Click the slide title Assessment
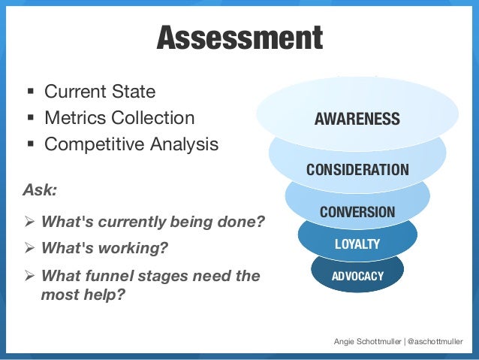(x=239, y=38)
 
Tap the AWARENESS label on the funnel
(x=357, y=119)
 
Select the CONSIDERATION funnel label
(x=357, y=169)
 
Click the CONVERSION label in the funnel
(x=357, y=212)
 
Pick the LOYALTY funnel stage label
(x=357, y=244)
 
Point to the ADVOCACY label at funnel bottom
(x=357, y=276)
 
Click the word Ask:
(x=40, y=190)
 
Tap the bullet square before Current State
(x=30, y=93)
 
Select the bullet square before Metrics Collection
(x=30, y=119)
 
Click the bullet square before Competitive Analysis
(x=30, y=144)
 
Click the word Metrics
(x=74, y=118)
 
